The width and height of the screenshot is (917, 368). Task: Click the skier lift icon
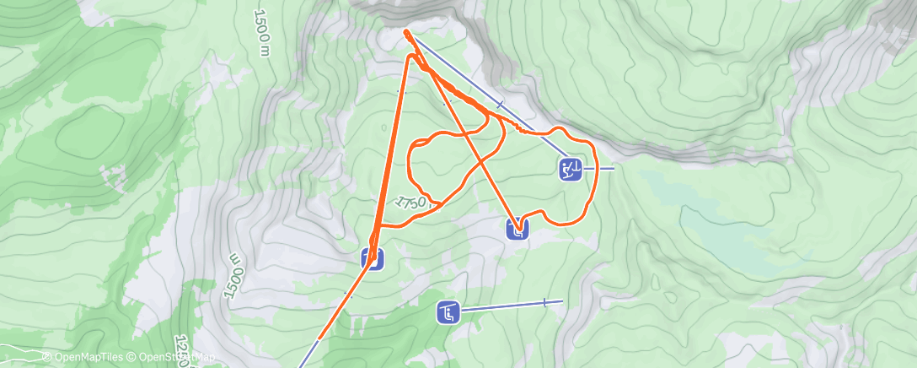pos(571,169)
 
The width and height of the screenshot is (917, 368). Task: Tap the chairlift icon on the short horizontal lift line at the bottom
pos(448,313)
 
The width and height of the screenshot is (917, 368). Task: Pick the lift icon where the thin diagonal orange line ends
pos(517,228)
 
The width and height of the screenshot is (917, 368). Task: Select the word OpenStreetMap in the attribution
pos(176,358)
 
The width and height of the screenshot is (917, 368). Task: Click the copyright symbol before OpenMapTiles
pos(46,358)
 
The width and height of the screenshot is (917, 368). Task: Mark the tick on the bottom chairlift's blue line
pos(545,302)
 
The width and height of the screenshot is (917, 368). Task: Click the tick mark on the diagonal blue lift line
pos(501,104)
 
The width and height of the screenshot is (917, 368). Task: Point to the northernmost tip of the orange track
pos(406,31)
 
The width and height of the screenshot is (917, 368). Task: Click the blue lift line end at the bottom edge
pos(301,366)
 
